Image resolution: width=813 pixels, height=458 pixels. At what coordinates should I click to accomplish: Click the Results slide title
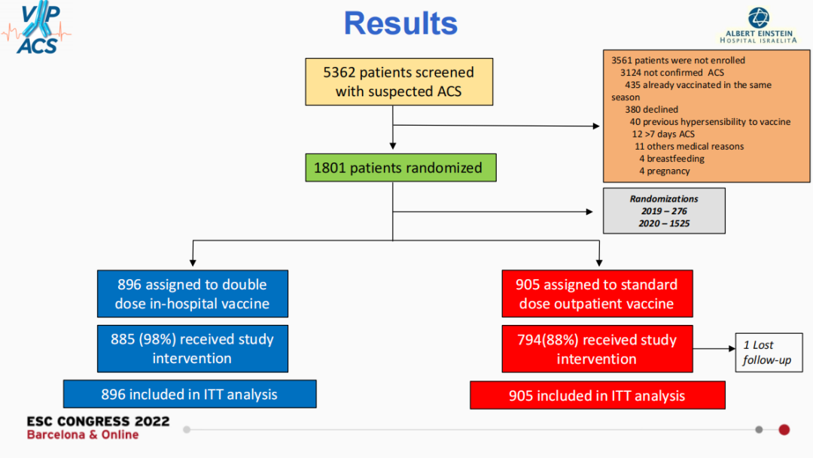400,23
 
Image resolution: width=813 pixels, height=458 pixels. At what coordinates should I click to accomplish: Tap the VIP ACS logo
37,28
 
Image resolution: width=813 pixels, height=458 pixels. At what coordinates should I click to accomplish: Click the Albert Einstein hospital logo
759,26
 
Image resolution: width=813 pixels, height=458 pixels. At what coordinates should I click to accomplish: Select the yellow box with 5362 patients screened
399,82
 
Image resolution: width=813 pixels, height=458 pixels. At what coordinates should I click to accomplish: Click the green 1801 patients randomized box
400,168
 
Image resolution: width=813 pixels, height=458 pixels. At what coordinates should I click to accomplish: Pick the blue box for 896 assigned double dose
193,294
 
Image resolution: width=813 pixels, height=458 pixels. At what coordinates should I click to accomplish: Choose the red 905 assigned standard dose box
597,294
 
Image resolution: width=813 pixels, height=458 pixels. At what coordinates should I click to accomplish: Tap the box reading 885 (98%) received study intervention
193,349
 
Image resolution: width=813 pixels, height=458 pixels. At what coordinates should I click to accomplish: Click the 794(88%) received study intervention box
597,349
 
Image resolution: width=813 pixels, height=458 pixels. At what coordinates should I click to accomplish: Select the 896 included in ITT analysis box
190,394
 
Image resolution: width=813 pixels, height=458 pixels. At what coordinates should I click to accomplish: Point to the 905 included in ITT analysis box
597,396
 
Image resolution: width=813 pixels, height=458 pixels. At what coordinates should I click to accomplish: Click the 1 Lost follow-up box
769,352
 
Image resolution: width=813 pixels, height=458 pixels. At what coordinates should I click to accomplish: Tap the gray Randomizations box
664,211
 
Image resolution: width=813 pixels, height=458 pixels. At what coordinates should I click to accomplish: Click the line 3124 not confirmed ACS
672,72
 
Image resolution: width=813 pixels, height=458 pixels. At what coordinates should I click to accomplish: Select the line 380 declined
651,109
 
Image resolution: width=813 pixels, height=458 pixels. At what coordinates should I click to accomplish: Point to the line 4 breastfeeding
671,159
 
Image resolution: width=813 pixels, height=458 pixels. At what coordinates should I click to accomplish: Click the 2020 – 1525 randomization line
664,223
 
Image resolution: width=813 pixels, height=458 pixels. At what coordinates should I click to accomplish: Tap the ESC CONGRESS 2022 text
98,421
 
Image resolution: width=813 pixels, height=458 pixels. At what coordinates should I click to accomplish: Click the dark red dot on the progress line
784,429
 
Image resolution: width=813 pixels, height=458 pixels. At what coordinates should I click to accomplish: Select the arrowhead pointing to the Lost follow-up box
732,349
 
